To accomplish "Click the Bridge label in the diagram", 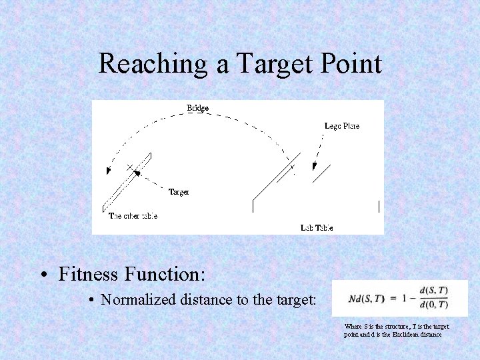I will [197, 107].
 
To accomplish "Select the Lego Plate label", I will [342, 125].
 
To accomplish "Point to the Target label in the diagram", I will [178, 192].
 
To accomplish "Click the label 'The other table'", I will [133, 216].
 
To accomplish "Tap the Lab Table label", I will [317, 228].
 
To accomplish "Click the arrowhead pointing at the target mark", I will [137, 173].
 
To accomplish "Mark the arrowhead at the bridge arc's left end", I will [108, 173].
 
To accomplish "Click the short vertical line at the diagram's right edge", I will [379, 207].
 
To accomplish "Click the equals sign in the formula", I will [391, 297].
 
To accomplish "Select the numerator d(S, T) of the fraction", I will [433, 290].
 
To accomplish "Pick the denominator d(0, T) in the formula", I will [433, 305].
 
